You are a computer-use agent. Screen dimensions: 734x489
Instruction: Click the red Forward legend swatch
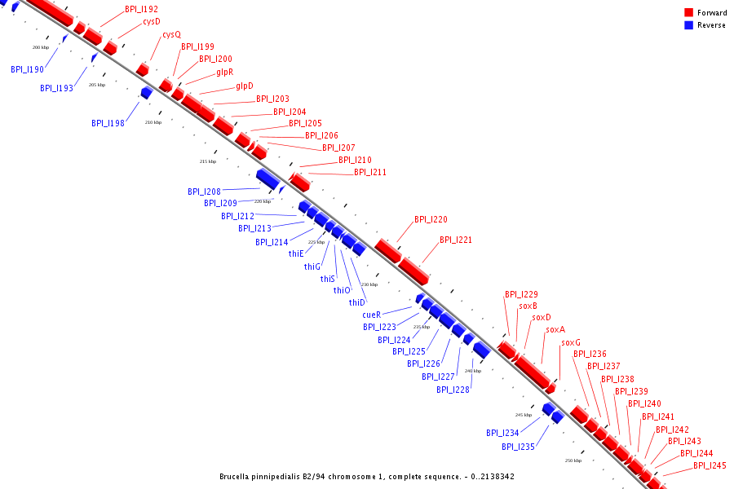tap(688, 13)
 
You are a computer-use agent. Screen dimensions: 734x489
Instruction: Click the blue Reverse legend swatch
tap(688, 25)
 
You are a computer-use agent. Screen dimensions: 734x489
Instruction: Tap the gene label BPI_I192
tap(142, 10)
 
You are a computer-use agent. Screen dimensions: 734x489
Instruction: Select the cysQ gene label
tap(171, 35)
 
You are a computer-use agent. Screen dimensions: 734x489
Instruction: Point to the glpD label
tap(245, 86)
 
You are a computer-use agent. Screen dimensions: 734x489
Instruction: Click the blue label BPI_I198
tap(108, 123)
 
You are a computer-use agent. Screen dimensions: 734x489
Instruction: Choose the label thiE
tap(296, 253)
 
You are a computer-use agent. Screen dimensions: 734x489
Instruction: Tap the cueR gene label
tap(372, 315)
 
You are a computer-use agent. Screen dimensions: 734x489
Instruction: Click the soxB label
tap(528, 306)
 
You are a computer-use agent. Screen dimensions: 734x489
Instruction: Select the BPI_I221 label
tap(456, 240)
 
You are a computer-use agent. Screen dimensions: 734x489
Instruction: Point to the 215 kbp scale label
tap(208, 161)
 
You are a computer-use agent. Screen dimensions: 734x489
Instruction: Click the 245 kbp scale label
tap(524, 415)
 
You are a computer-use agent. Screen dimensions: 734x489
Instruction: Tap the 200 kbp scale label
tap(41, 48)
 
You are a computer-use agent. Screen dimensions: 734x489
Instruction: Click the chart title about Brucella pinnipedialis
tap(366, 477)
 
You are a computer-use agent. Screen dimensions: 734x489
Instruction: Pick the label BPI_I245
tap(710, 465)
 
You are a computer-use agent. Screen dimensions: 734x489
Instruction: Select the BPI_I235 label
tap(518, 447)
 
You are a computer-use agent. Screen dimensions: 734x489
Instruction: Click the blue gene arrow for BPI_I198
tap(146, 93)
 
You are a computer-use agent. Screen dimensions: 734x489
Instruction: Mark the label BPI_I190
tap(27, 70)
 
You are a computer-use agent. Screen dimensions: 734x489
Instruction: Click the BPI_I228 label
tap(453, 390)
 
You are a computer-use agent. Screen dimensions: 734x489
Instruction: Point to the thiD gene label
tap(357, 302)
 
